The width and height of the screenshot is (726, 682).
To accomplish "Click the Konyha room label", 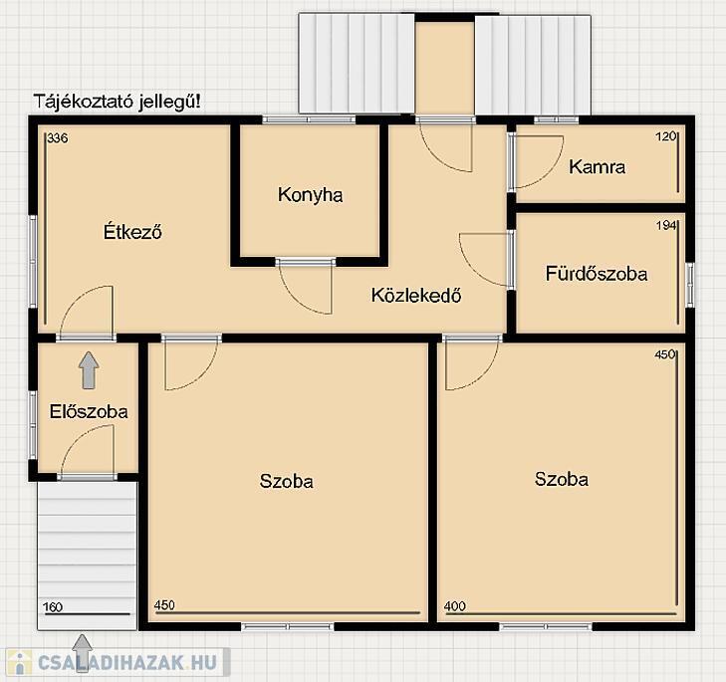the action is point(310,195).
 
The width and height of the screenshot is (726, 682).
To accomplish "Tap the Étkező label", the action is point(132,231).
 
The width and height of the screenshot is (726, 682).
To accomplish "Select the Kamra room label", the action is point(597,166).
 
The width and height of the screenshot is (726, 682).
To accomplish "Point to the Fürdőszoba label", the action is point(597,274).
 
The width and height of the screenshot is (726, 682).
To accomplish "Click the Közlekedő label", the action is point(416,295).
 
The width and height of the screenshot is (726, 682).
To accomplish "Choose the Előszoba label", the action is point(89,411).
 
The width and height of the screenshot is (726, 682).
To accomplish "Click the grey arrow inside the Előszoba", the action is point(89,370).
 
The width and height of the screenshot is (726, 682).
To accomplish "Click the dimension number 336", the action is point(58,138).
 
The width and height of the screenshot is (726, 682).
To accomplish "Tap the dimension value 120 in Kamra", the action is point(666,136).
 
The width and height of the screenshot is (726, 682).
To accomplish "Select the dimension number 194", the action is point(666,225).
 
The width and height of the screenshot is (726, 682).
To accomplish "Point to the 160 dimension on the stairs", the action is point(53,607).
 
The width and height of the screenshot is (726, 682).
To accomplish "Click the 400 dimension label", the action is point(455,606).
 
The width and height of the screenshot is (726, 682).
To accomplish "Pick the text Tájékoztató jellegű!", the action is point(118,102).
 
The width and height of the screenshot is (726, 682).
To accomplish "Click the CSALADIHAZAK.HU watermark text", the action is point(126,662).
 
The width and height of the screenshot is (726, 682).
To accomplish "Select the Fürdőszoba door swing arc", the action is point(471,268).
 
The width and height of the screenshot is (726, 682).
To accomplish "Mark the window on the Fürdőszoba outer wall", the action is point(690,285).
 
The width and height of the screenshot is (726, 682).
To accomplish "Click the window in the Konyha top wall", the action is point(309,119).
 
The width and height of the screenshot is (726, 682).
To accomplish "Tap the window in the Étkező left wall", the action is point(33,261).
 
